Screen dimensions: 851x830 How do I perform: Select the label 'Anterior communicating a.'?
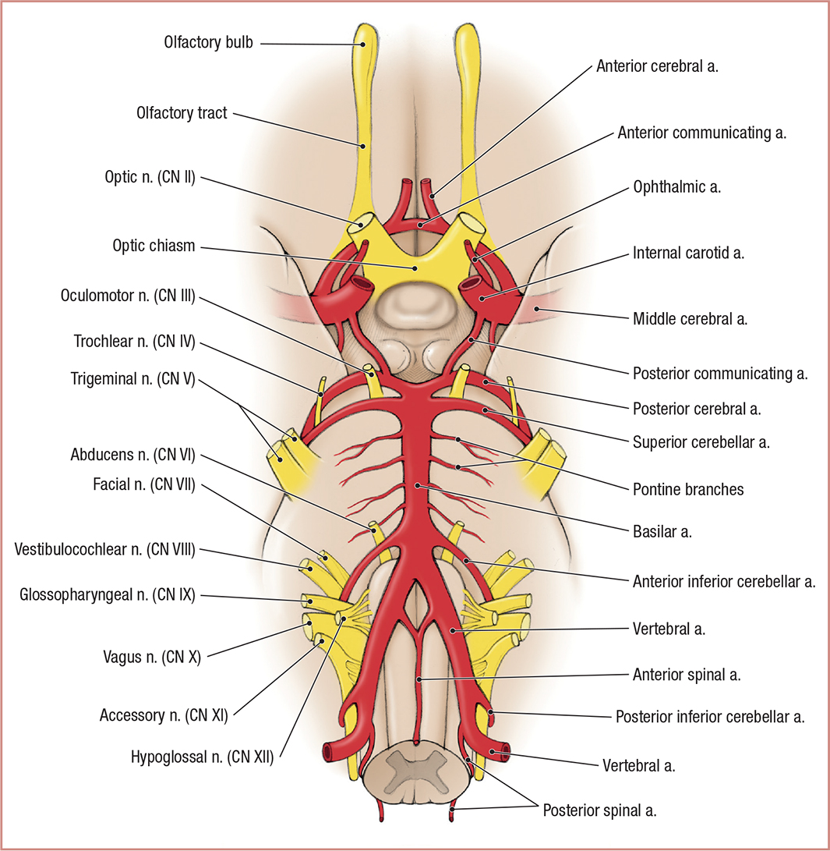pos(702,133)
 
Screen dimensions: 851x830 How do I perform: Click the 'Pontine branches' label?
pos(687,490)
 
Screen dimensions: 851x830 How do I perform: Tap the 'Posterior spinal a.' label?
pos(599,810)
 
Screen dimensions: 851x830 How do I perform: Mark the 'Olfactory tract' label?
pos(181,113)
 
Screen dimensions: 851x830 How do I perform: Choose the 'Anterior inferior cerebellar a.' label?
pos(723,580)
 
